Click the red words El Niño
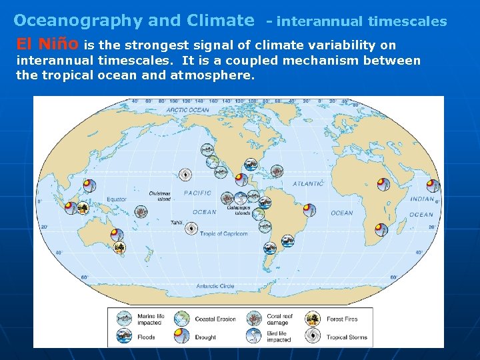point(47,45)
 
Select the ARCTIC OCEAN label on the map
point(187,110)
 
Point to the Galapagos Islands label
point(238,211)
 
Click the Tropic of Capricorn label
point(225,234)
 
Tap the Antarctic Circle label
point(215,286)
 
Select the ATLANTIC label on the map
point(308,183)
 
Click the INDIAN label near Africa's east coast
point(422,199)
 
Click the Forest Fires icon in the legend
point(313,319)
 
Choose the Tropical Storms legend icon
point(313,336)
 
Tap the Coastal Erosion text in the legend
point(215,319)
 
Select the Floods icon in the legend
point(125,336)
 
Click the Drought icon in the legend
point(181,336)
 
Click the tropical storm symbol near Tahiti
point(191,228)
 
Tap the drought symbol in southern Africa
point(380,230)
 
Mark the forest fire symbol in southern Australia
point(119,249)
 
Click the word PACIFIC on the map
point(197,193)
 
